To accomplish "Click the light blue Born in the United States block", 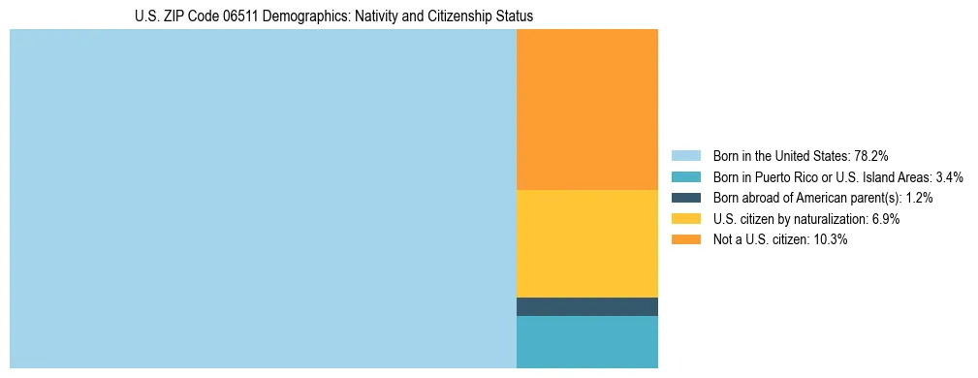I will pyautogui.click(x=263, y=199).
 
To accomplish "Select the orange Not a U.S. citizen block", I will pyautogui.click(x=586, y=110).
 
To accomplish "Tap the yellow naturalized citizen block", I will pyautogui.click(x=586, y=243).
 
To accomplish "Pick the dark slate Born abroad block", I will pyautogui.click(x=586, y=306).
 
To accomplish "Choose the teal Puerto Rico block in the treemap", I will pyautogui.click(x=586, y=341).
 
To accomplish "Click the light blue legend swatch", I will pyautogui.click(x=685, y=155).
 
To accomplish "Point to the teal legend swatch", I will pyautogui.click(x=685, y=176).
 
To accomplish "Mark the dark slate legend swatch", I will pyautogui.click(x=685, y=198).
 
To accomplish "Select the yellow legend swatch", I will pyautogui.click(x=685, y=219).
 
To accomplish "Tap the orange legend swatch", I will pyautogui.click(x=685, y=239).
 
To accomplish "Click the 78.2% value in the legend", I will pyautogui.click(x=871, y=155).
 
